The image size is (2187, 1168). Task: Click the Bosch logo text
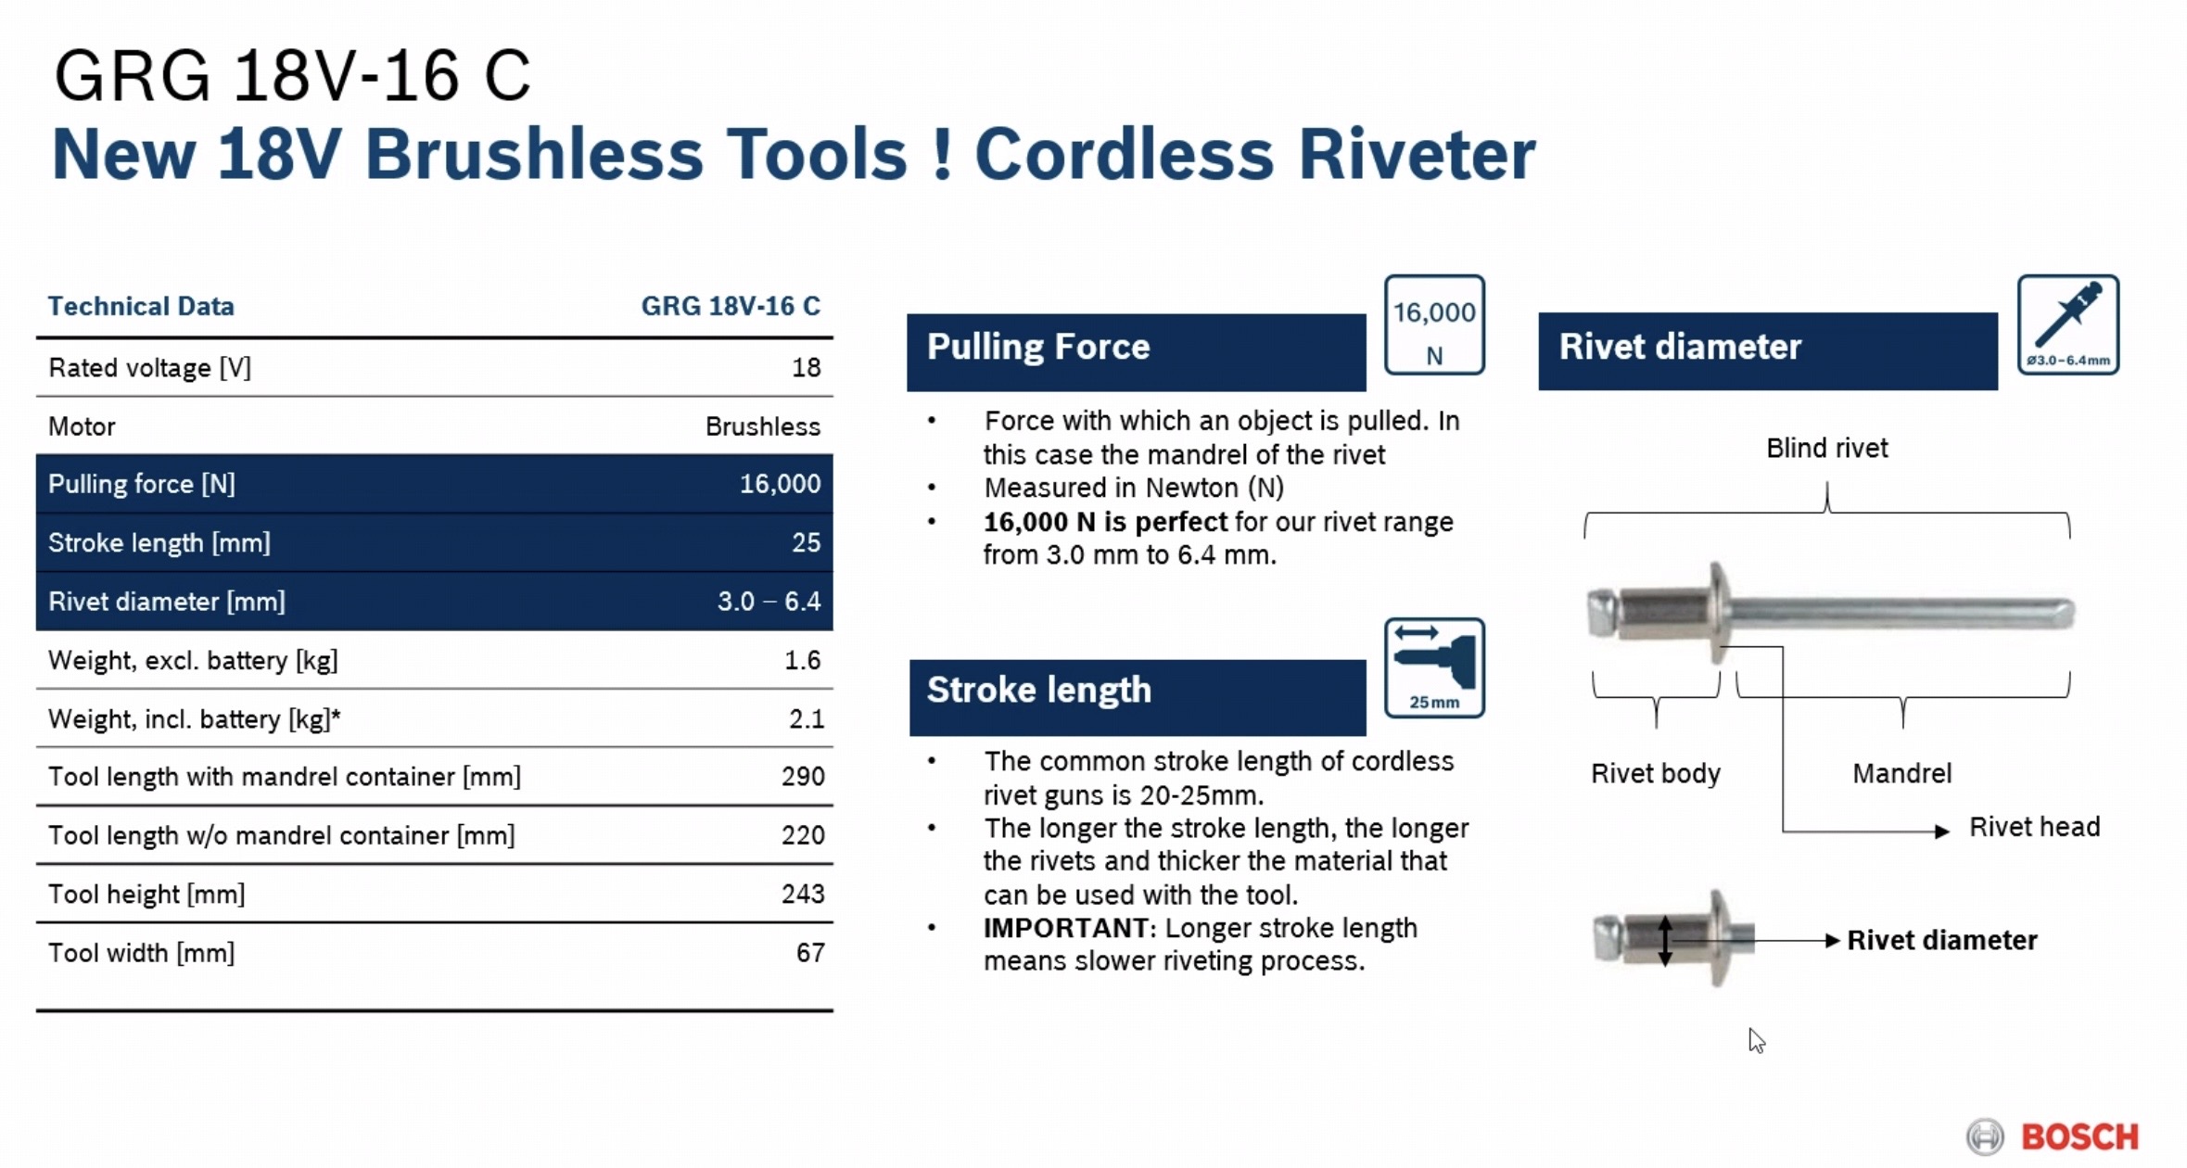[x=2079, y=1136]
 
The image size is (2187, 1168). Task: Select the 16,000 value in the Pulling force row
[x=780, y=484]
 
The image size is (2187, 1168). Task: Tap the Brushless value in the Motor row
[x=762, y=426]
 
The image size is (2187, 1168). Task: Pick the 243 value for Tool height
[x=803, y=894]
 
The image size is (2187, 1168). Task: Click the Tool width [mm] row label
[x=141, y=953]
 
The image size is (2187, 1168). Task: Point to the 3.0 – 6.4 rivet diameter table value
[x=769, y=602]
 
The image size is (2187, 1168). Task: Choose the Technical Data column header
[x=141, y=306]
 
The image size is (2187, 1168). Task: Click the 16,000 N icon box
[x=1434, y=324]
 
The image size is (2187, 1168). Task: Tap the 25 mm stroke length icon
[x=1434, y=668]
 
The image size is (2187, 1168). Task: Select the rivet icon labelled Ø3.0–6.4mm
[x=2068, y=324]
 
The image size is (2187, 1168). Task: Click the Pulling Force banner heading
[x=1038, y=347]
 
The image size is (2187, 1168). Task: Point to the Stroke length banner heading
[x=1039, y=690]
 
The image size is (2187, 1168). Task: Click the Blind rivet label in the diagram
[x=1826, y=449]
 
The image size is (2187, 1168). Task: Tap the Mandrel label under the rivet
[x=1901, y=773]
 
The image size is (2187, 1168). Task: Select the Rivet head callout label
[x=2034, y=827]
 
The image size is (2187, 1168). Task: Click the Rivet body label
[x=1656, y=773]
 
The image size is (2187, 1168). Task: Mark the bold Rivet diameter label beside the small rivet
[x=1942, y=940]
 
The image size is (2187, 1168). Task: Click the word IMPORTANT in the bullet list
[x=1066, y=928]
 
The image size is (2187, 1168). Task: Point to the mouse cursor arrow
[x=1756, y=1040]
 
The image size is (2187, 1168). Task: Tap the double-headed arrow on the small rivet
[x=1665, y=941]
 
